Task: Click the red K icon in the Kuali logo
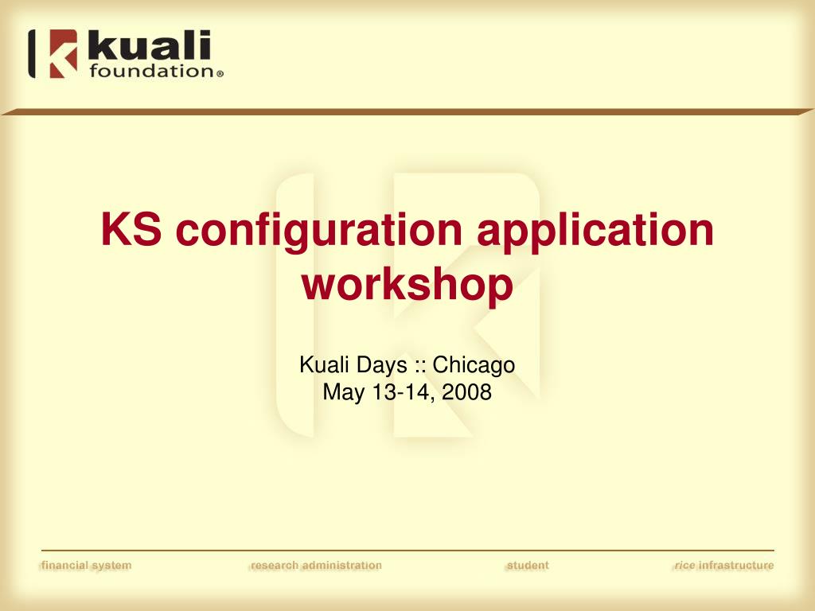click(63, 53)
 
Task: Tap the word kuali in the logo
click(149, 45)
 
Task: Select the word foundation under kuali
click(151, 71)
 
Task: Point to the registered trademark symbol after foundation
click(220, 74)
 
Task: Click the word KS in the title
click(131, 229)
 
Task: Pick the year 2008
click(466, 392)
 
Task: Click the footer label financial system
click(86, 566)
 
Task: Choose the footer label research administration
click(316, 566)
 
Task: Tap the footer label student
click(528, 566)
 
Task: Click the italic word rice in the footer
click(684, 566)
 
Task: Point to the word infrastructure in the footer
click(736, 566)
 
